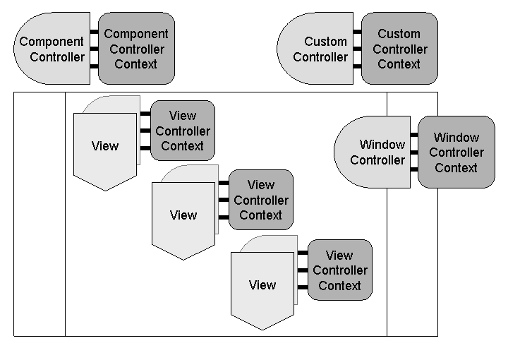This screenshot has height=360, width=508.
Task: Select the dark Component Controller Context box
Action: click(136, 48)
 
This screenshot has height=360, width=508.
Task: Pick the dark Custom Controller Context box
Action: click(399, 48)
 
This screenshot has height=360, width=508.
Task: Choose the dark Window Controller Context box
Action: click(456, 152)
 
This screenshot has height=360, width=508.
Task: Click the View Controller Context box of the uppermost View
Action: click(182, 131)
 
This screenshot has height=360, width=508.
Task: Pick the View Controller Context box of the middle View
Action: click(260, 200)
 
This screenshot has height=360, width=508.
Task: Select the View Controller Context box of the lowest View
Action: click(339, 270)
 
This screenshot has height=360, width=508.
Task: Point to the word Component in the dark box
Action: click(136, 33)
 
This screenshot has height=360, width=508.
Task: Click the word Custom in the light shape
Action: click(325, 42)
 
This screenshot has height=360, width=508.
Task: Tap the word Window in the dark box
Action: click(456, 137)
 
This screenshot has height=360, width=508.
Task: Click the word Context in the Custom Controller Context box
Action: click(399, 64)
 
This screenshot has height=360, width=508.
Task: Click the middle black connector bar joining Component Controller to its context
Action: click(94, 49)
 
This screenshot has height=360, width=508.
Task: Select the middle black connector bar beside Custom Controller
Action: click(358, 49)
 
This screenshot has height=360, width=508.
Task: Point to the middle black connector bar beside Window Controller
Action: click(414, 152)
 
